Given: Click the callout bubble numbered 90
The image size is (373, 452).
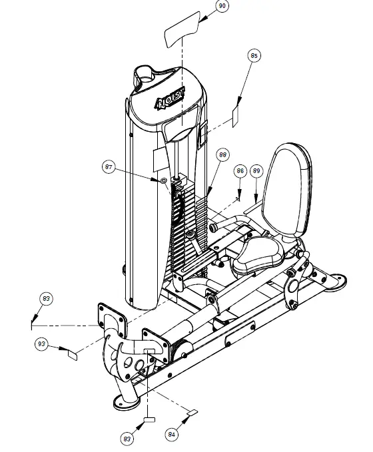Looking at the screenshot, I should [x=222, y=7].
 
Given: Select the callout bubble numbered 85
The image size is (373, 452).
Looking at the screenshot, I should [x=254, y=56].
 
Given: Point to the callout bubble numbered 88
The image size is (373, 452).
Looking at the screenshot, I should [x=222, y=154].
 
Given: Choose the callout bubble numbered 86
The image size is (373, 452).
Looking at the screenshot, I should [x=240, y=171].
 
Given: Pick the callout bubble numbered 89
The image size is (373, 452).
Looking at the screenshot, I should [x=256, y=171].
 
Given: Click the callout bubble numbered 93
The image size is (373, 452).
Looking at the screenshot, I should [x=42, y=343].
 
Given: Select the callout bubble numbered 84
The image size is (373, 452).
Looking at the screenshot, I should [x=172, y=434].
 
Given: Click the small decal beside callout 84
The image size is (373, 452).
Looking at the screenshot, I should [x=191, y=413].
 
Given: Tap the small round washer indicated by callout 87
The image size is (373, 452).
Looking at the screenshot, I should [x=163, y=180].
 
